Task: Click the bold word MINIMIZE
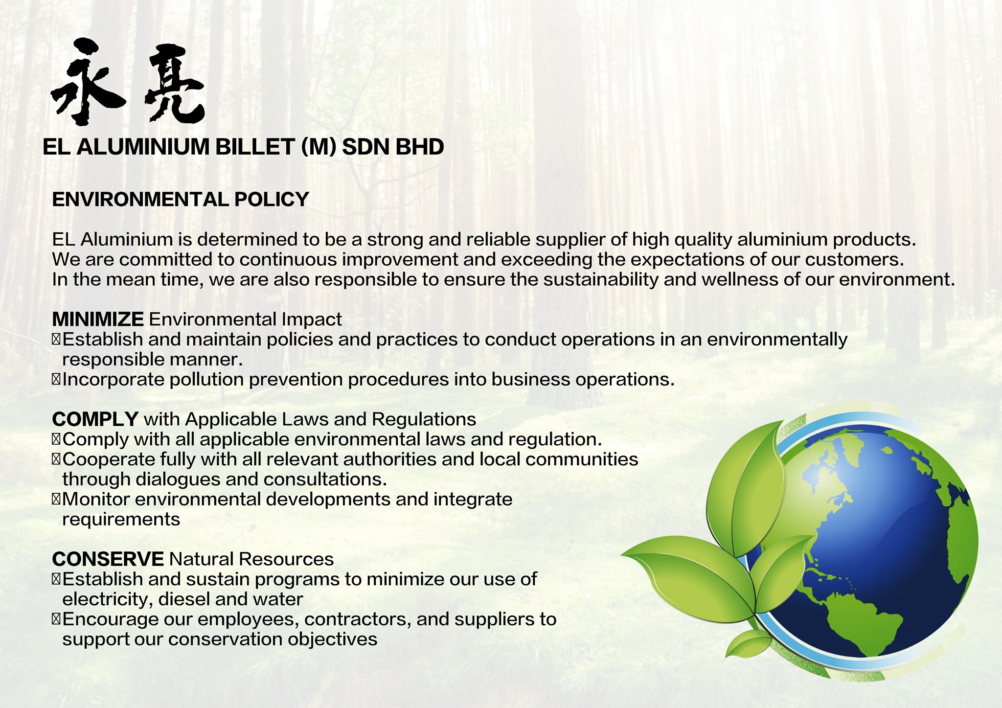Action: point(98,319)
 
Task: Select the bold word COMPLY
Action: point(95,419)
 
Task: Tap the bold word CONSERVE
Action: point(108,559)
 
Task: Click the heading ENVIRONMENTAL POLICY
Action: point(181,199)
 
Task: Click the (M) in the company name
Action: point(319,147)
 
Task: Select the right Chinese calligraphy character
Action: point(174,83)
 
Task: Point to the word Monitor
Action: point(96,499)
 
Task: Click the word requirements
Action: point(121,520)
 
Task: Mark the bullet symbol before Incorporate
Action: point(56,380)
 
